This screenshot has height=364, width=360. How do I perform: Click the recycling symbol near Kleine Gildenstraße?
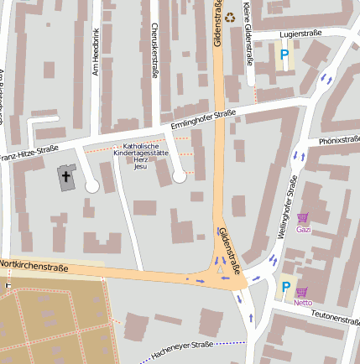coord(230,16)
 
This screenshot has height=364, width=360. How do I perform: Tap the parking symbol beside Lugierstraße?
coord(284,55)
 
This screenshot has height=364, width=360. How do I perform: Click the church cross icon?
coord(65,176)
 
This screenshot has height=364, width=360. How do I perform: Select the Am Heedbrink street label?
coord(96,52)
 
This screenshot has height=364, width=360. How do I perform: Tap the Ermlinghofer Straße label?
coord(203,121)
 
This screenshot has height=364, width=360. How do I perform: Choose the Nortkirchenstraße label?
coord(34,264)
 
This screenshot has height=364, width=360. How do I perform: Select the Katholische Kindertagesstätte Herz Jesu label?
coord(141,155)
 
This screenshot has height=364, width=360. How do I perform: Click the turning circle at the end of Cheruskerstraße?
coord(179,175)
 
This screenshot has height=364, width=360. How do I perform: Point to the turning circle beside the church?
coord(91,185)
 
